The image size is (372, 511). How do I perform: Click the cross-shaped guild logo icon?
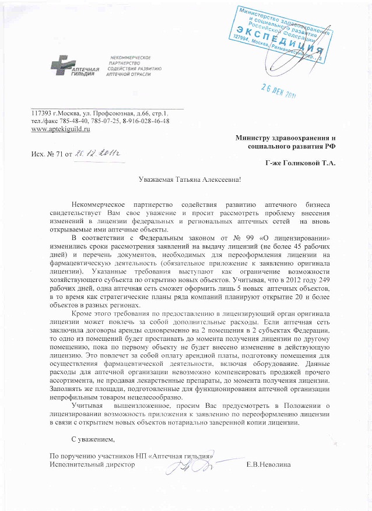coord(60,65)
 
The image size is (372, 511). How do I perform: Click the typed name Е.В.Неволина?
coord(269,464)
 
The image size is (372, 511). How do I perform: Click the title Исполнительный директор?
coord(92,464)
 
